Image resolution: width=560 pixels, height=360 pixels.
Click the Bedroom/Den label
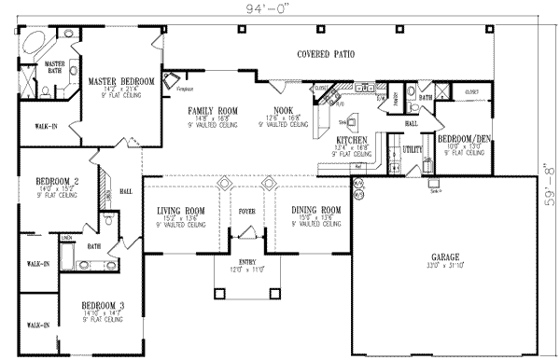point(459,137)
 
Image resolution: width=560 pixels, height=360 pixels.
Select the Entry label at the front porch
point(247,261)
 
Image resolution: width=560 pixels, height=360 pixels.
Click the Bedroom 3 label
point(102,305)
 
